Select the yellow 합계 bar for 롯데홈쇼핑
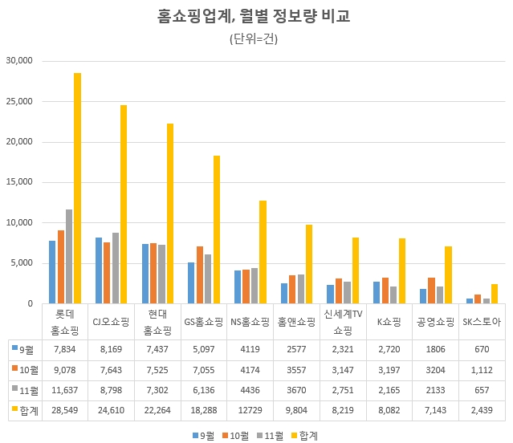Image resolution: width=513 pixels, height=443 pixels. [x=77, y=188]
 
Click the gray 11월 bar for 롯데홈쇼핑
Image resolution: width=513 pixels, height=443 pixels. [x=69, y=256]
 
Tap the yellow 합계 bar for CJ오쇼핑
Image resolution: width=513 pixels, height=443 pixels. [x=124, y=204]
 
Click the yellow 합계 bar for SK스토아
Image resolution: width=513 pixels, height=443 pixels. [x=495, y=294]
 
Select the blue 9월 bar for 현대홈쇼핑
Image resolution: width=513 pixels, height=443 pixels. [x=145, y=274]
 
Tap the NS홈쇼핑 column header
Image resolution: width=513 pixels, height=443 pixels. [x=250, y=322]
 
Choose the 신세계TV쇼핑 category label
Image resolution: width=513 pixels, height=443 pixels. [x=343, y=322]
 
